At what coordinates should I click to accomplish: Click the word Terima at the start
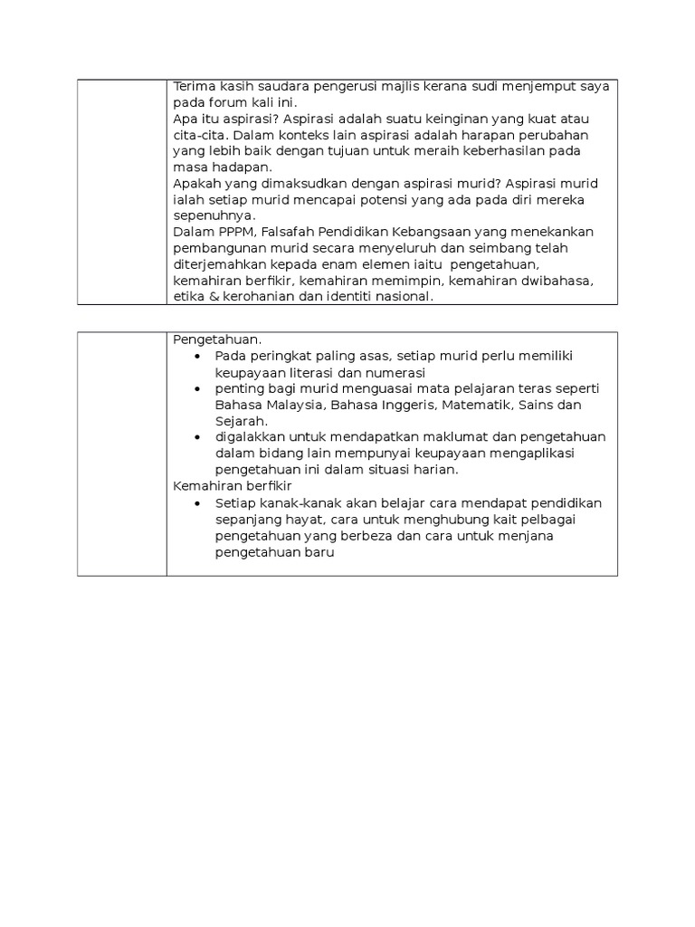tap(191, 86)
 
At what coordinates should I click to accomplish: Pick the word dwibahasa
tap(559, 281)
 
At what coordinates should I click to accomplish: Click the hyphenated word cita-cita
tap(196, 134)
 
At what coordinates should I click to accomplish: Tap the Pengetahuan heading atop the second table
tap(217, 339)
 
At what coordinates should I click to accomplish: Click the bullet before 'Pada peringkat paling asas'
tap(198, 356)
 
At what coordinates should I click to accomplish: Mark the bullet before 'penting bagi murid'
tap(198, 388)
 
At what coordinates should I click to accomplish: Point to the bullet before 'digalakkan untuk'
tap(198, 437)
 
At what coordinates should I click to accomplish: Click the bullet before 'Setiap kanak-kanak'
tap(198, 503)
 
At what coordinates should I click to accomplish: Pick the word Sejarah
tap(241, 421)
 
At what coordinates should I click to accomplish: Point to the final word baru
tap(319, 552)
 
